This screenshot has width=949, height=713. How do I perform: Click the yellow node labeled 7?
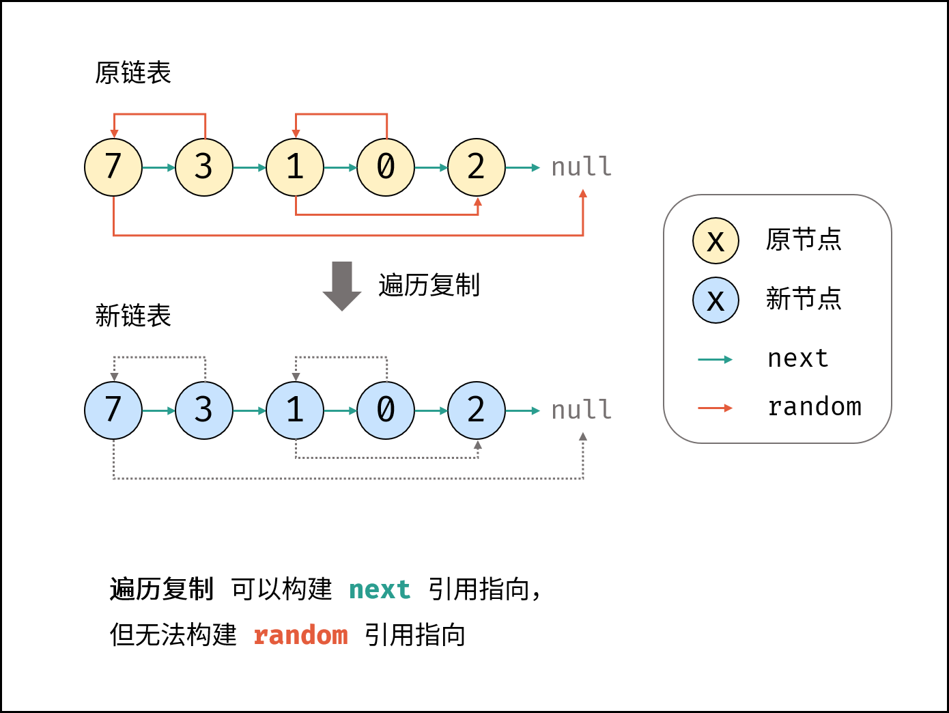[x=113, y=167]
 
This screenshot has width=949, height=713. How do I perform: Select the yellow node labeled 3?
[x=204, y=167]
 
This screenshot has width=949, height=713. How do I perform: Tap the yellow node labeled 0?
[x=386, y=167]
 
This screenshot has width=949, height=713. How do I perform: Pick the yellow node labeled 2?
[x=477, y=167]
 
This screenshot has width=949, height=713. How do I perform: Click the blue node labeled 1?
[x=295, y=410]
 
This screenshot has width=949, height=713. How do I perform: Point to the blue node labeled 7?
[x=113, y=410]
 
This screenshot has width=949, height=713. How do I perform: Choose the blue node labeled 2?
[x=477, y=410]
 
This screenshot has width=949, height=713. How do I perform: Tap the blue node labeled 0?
[x=386, y=410]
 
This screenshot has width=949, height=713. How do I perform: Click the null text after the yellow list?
[x=581, y=167]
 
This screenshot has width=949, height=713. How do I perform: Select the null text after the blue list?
[x=581, y=410]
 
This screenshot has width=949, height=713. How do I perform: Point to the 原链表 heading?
[x=133, y=73]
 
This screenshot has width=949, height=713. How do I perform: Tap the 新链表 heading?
[x=133, y=316]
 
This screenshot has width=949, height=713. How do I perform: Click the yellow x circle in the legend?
[x=716, y=241]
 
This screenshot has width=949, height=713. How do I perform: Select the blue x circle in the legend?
[x=716, y=300]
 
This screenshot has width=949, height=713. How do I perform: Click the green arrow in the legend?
[x=715, y=359]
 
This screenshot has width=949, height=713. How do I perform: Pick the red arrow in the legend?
[x=715, y=408]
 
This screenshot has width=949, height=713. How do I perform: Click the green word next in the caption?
[x=380, y=589]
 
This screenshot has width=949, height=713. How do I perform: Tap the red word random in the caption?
[x=300, y=636]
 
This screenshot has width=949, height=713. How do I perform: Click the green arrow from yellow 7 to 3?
[x=158, y=167]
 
